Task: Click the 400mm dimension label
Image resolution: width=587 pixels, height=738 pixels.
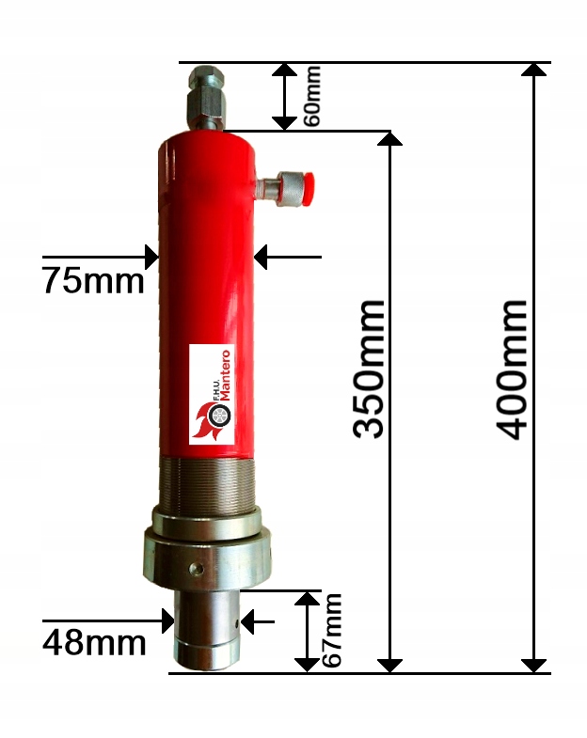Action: click(x=513, y=369)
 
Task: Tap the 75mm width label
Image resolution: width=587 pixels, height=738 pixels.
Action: click(x=93, y=280)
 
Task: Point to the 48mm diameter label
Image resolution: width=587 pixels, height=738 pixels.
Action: click(x=94, y=643)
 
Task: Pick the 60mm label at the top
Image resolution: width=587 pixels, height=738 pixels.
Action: click(x=312, y=95)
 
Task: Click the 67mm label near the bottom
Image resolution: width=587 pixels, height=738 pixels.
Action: click(x=331, y=631)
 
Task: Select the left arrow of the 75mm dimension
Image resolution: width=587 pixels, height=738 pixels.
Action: click(x=150, y=255)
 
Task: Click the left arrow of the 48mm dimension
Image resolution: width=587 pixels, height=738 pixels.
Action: click(x=167, y=620)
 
